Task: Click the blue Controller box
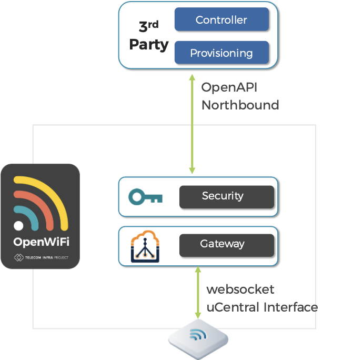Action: click(221, 20)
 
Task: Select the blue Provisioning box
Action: click(221, 53)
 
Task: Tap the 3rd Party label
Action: click(148, 36)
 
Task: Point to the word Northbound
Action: click(240, 105)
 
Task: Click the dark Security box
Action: click(226, 196)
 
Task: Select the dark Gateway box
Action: click(226, 245)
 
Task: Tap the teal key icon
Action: click(146, 197)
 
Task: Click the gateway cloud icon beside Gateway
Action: click(145, 246)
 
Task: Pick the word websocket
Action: click(240, 289)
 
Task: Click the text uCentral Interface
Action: click(262, 307)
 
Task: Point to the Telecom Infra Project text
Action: click(45, 258)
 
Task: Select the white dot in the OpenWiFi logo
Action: click(19, 226)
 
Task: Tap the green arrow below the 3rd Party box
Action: click(192, 124)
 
